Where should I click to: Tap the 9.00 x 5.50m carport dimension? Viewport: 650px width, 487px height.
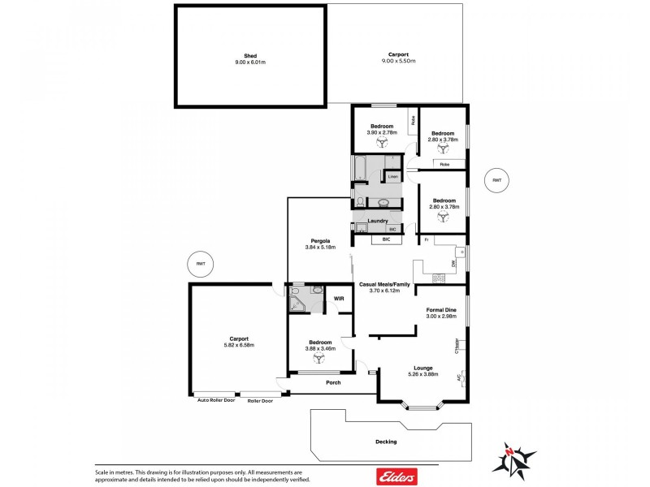[x=398, y=61]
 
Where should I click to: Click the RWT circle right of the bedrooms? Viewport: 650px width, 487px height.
[x=496, y=180]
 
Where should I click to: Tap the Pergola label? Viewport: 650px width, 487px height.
[x=319, y=239]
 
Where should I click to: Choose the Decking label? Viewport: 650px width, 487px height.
[x=386, y=442]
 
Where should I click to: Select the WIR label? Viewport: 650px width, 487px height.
[x=340, y=299]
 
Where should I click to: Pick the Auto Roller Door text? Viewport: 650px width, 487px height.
[x=213, y=400]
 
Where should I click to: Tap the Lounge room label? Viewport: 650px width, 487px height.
[x=422, y=367]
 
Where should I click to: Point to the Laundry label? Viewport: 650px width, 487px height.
[x=377, y=221]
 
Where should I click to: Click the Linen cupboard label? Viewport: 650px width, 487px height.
[x=392, y=176]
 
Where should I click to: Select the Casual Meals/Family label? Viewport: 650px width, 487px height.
[x=385, y=284]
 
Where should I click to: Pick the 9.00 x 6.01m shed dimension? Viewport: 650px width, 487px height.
[x=249, y=61]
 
